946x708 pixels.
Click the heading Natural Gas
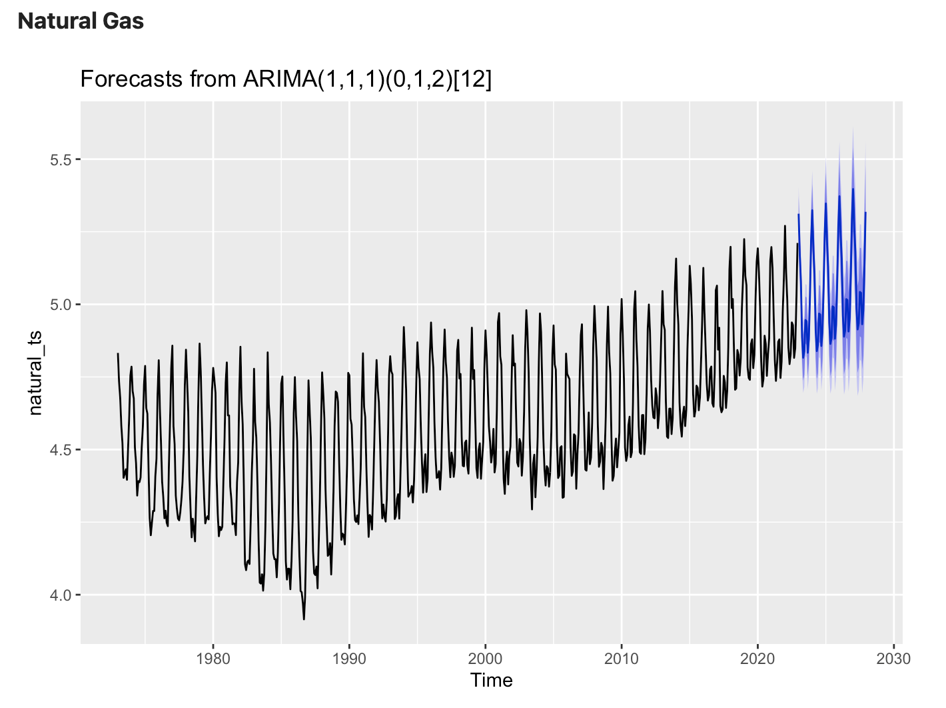coord(81,21)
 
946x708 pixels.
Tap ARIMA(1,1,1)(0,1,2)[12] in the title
coord(367,79)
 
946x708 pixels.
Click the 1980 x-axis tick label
coord(213,659)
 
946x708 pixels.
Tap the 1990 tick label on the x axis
coord(349,659)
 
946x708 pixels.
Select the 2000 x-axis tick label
coord(486,659)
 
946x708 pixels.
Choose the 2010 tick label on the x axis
coord(622,659)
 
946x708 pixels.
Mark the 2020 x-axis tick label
coord(757,659)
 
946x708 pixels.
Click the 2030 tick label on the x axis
coord(894,659)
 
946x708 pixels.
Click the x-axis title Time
coord(492,681)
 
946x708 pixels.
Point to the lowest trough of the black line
coord(304,619)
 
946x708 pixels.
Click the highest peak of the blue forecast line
coord(853,189)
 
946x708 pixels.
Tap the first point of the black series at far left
coord(118,353)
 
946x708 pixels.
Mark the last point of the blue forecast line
coord(865,213)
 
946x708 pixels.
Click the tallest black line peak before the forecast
coord(785,226)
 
